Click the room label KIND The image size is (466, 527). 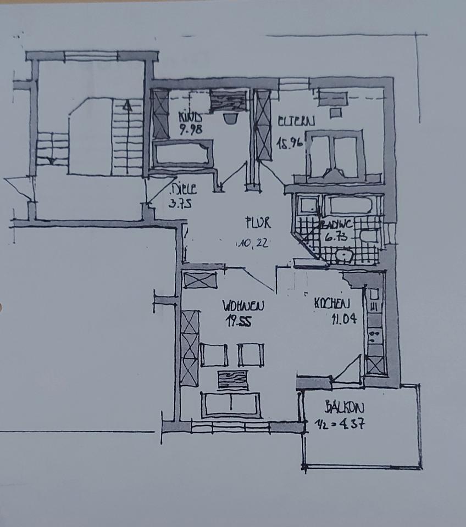(x=190, y=117)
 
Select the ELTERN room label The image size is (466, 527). (x=296, y=122)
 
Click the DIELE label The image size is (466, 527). (x=184, y=189)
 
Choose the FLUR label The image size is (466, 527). (x=258, y=223)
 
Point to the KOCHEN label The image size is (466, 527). (x=331, y=303)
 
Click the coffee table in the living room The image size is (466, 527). (x=232, y=379)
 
